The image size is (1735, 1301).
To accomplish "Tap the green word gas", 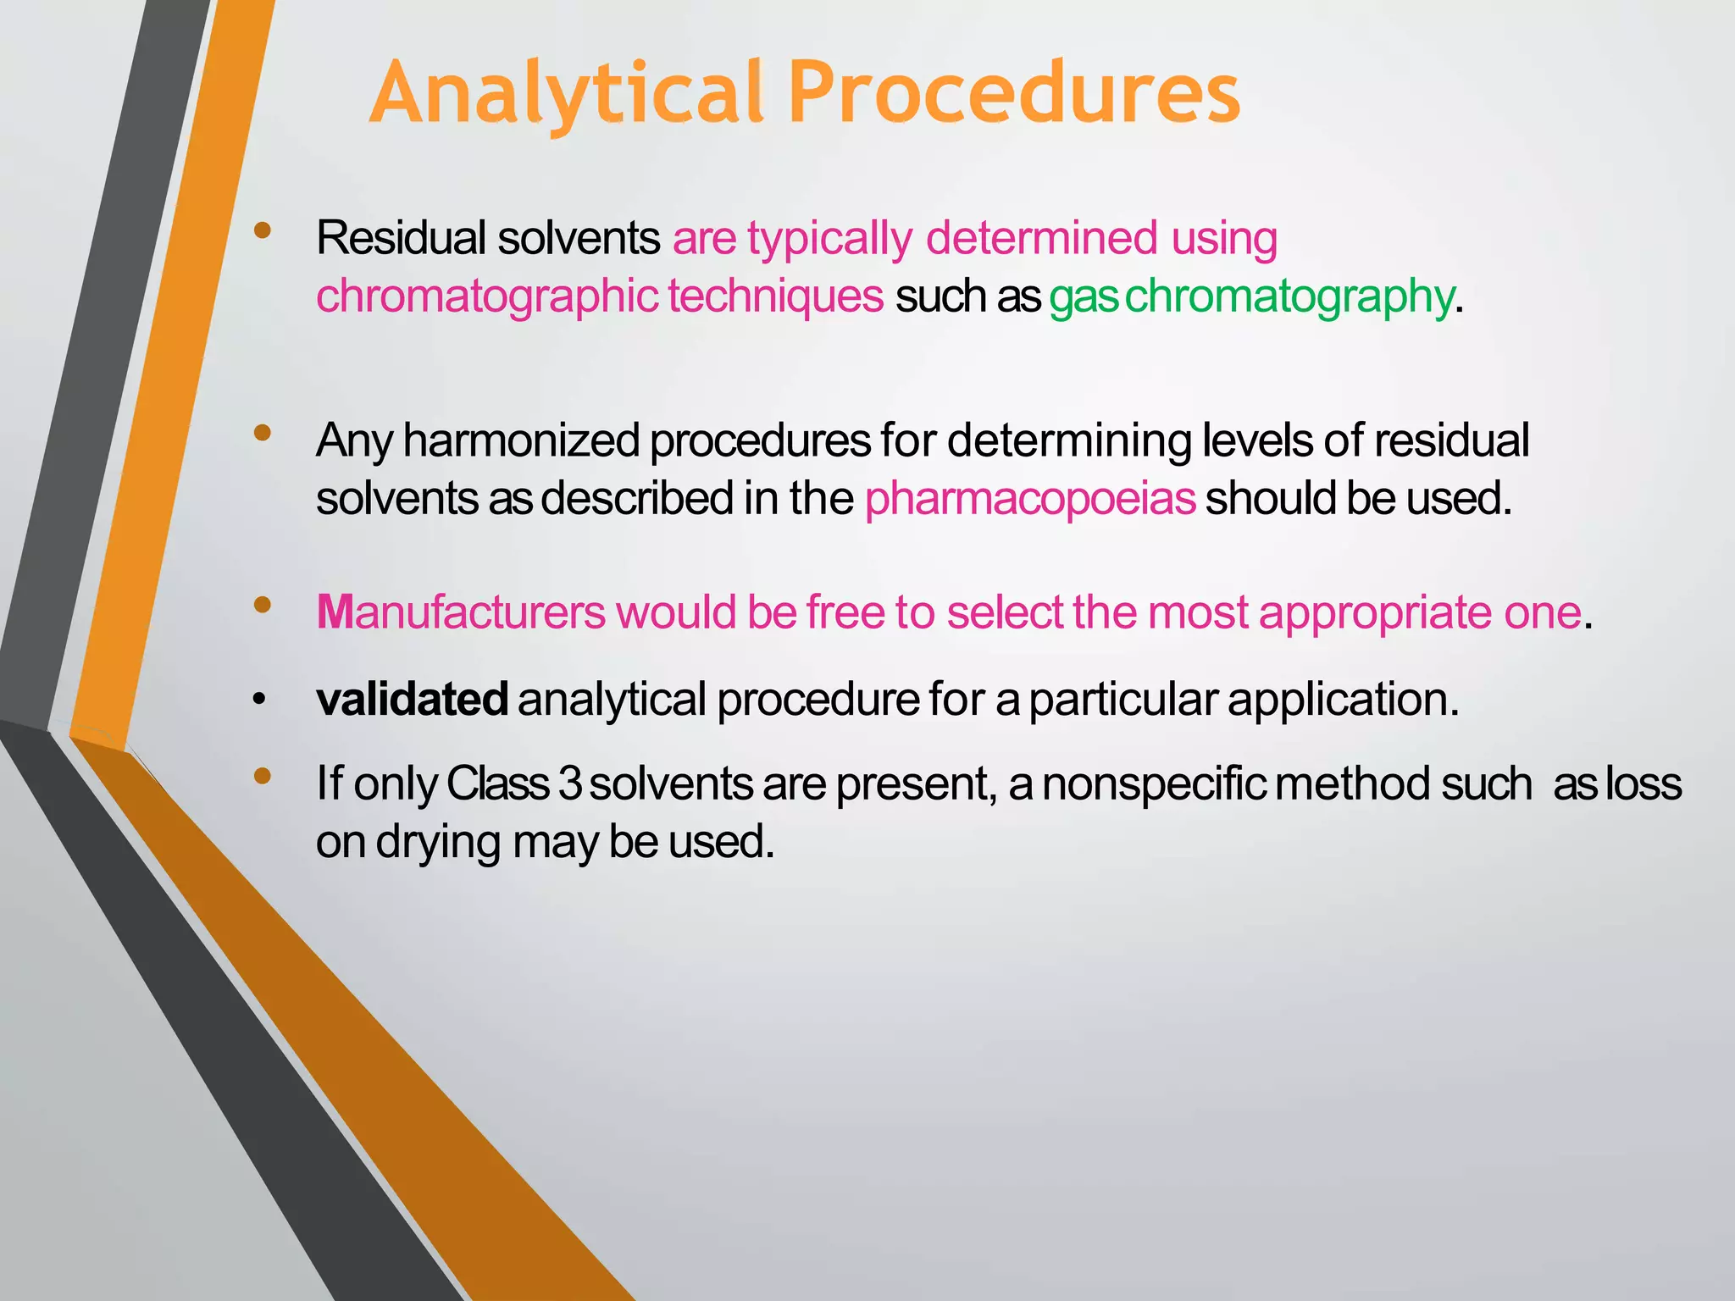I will pyautogui.click(x=1084, y=296).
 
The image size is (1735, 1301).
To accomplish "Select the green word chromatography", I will pyautogui.click(x=1289, y=296).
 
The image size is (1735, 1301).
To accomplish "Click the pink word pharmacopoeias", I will pyautogui.click(x=1030, y=498).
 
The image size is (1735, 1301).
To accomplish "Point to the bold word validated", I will pyautogui.click(x=412, y=700).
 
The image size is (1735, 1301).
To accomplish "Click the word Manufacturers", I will pyautogui.click(x=461, y=612).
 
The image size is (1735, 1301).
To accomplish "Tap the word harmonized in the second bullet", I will pyautogui.click(x=521, y=440).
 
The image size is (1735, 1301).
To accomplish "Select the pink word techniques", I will pyautogui.click(x=775, y=296).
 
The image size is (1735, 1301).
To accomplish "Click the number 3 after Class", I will pyautogui.click(x=570, y=783).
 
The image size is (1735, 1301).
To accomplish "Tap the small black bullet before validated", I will pyautogui.click(x=259, y=700).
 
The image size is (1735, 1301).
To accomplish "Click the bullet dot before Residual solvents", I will pyautogui.click(x=263, y=230).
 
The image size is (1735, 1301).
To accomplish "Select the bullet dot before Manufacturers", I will pyautogui.click(x=263, y=605).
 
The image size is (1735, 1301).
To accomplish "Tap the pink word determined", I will pyautogui.click(x=1041, y=238).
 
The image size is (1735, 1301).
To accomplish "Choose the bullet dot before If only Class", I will pyautogui.click(x=263, y=776).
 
